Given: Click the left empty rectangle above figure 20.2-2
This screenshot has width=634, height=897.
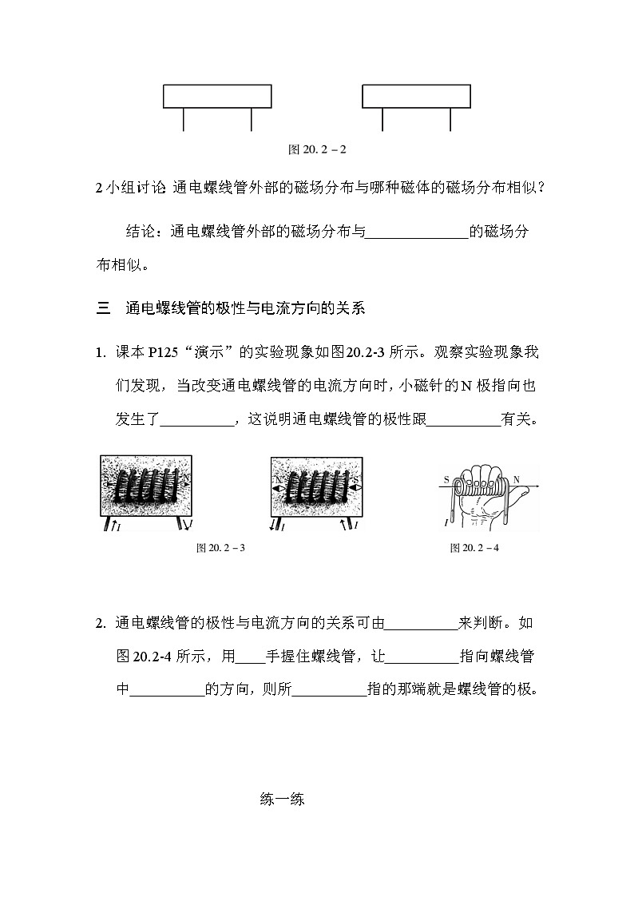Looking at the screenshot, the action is tap(217, 96).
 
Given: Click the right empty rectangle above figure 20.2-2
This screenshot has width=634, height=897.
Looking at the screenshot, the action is tap(416, 96).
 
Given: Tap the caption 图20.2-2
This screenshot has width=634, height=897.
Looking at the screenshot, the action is tap(316, 149).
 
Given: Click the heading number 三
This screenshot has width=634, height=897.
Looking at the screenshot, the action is tap(102, 308).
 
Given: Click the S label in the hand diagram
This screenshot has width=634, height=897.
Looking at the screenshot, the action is tap(446, 480).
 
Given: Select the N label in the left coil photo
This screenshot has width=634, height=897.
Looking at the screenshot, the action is tap(186, 480).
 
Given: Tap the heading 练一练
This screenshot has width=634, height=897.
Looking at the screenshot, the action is tap(282, 800).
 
